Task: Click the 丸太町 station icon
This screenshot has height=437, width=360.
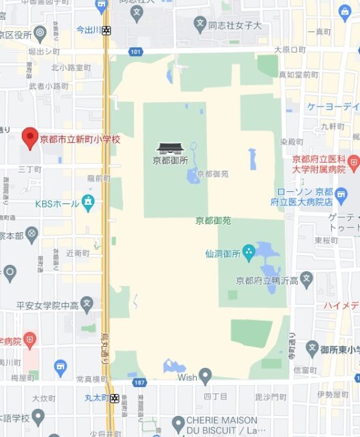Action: [114, 398]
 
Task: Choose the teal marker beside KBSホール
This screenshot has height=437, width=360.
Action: [87, 203]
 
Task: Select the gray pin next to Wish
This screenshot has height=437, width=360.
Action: [205, 375]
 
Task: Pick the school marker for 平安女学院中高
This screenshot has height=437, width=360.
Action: [86, 302]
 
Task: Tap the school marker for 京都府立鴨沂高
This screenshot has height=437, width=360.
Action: [307, 279]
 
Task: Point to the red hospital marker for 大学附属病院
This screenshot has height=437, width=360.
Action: [352, 163]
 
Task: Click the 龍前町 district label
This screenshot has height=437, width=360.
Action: [98, 178]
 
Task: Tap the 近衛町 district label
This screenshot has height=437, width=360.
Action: [77, 253]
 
